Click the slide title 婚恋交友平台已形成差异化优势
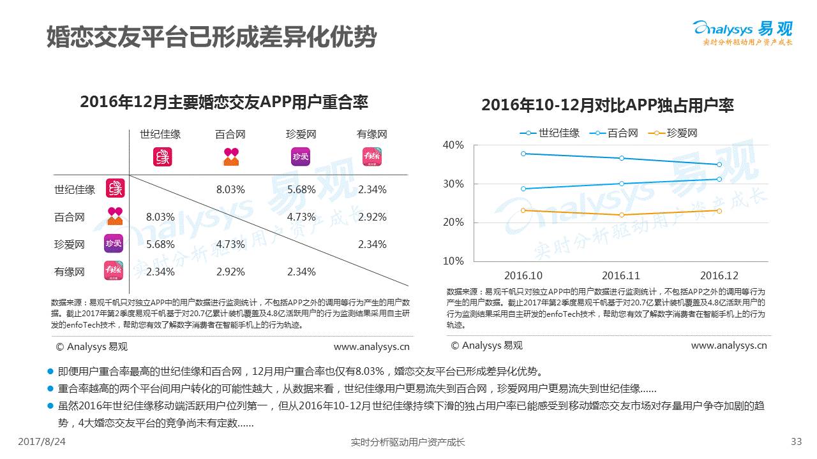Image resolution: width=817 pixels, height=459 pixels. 211,37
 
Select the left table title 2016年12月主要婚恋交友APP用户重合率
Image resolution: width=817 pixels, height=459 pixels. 224,102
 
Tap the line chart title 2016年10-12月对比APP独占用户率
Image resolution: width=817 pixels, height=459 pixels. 607,105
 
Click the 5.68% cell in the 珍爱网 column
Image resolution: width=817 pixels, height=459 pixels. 301,189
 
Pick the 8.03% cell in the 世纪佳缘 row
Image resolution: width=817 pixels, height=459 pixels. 230,189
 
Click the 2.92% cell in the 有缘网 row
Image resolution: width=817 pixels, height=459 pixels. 230,272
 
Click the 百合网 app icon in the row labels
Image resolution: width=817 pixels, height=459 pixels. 114,216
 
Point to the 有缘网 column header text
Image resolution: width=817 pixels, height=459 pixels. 372,135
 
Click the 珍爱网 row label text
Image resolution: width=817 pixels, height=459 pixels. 70,244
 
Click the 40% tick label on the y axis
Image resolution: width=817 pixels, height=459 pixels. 453,145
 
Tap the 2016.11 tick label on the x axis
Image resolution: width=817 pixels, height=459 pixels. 621,275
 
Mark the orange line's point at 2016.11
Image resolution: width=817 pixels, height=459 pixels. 621,215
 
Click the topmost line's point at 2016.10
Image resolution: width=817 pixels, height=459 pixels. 523,154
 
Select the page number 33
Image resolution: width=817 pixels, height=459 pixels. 796,441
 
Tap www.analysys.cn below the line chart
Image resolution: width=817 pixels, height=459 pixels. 729,346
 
